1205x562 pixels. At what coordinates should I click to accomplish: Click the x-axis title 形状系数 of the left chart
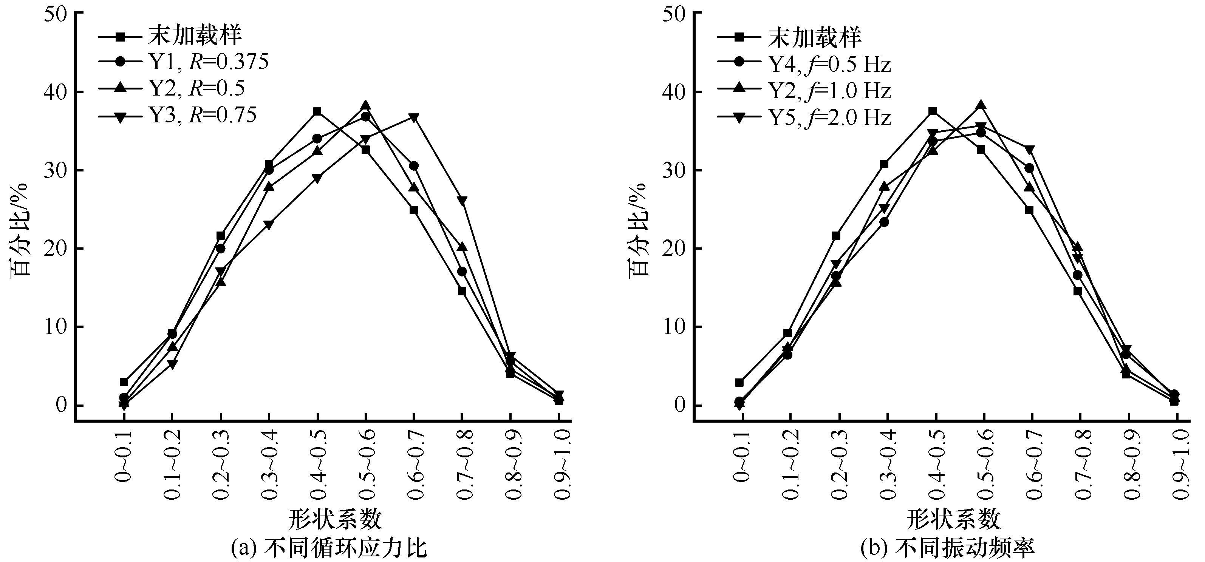click(336, 519)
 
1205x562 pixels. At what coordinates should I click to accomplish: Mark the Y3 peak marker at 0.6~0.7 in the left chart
click(413, 117)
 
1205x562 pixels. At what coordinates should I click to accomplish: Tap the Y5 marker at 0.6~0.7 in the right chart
click(1029, 150)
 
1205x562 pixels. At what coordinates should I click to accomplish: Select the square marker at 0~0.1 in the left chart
click(124, 382)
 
